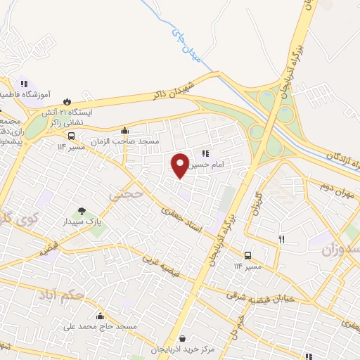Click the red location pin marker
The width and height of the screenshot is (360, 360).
(181, 165)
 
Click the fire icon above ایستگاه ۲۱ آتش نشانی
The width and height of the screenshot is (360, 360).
(67, 101)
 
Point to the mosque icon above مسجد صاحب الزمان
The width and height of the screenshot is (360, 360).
(124, 130)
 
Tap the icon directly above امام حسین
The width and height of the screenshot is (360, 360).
(205, 153)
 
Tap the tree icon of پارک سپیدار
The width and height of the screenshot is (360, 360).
(83, 210)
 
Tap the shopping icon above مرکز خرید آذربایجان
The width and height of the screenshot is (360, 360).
(183, 339)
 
